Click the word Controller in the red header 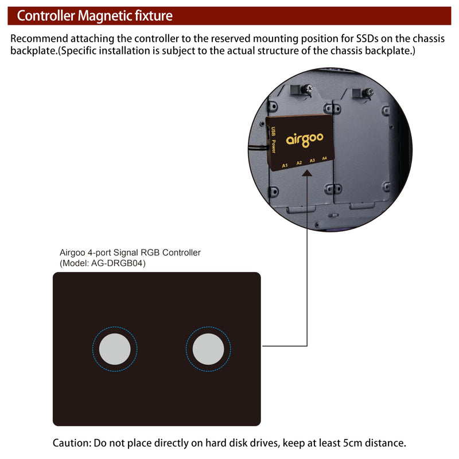(46, 16)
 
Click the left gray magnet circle (115, 349)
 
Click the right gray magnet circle (208, 349)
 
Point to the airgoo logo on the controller (305, 139)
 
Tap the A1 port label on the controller (285, 166)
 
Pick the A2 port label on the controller (299, 163)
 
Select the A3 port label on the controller (312, 161)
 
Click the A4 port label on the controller (324, 158)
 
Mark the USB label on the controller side (273, 131)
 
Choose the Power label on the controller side (274, 146)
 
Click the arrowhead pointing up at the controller (307, 173)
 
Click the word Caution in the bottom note (72, 443)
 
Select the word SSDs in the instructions (367, 38)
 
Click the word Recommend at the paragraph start (39, 38)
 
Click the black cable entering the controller (258, 148)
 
